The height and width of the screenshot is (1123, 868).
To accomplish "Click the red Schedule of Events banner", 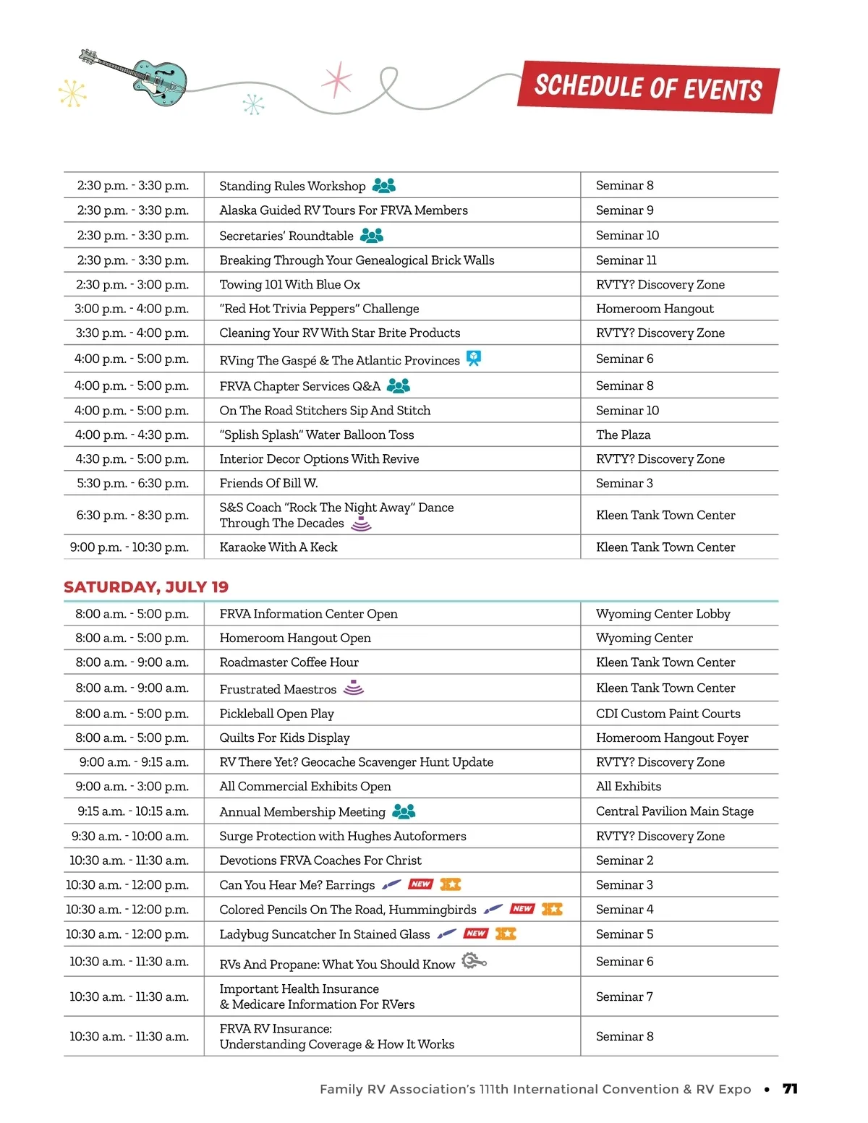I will point(648,87).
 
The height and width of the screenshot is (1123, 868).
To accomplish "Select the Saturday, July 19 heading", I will point(146,586).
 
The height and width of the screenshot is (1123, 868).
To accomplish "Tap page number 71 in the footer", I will point(790,1089).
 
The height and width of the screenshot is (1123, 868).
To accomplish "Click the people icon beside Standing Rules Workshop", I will point(384,186).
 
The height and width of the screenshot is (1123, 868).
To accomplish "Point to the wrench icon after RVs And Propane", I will point(474,961).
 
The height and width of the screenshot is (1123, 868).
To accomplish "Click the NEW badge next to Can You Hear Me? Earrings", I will point(420,884).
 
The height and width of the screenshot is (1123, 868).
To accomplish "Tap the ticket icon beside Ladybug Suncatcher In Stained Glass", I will point(506,934).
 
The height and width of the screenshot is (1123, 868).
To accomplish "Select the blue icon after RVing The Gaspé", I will point(474,358).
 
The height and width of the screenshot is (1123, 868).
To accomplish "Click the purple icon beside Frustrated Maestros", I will point(354,687).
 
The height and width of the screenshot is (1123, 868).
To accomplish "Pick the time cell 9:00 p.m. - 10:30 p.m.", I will point(129,547).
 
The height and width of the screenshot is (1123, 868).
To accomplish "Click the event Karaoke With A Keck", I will point(278,547).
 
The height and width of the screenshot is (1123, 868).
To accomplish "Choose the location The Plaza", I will point(623,435).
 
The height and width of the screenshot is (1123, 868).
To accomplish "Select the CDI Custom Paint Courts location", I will point(668,714).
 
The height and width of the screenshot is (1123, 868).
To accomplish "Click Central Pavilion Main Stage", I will point(674,811).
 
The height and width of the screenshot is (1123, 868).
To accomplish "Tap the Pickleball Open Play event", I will point(276,714).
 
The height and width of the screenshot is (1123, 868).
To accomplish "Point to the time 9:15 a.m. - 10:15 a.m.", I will point(133,811).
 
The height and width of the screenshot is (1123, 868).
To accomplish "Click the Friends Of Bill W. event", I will point(268,483).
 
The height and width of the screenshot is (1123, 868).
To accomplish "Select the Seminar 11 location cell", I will point(626,260).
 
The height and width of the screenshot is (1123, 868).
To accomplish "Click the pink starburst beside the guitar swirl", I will point(337,80).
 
